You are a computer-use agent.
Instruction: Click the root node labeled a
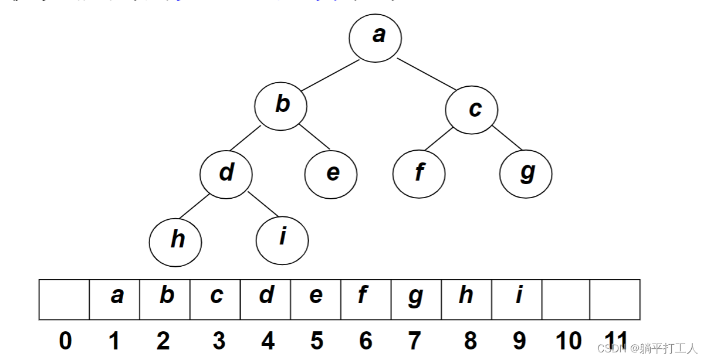pyautogui.click(x=376, y=37)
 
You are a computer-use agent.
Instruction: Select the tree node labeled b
pyautogui.click(x=281, y=106)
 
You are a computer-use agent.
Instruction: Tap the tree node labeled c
pyautogui.click(x=472, y=109)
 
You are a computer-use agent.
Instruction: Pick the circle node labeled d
pyautogui.click(x=226, y=174)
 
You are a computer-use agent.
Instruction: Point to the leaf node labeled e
pyautogui.click(x=331, y=174)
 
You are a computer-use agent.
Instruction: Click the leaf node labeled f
pyautogui.click(x=419, y=174)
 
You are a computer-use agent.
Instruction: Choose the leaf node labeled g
pyautogui.click(x=526, y=174)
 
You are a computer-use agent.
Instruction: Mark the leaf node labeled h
pyautogui.click(x=175, y=240)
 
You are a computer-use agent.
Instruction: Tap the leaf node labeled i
pyautogui.click(x=282, y=239)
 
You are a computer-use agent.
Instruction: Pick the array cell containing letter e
pyautogui.click(x=316, y=300)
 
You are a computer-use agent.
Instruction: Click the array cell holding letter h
pyautogui.click(x=466, y=300)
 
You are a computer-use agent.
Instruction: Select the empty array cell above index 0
pyautogui.click(x=64, y=300)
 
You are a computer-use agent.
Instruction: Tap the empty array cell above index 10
pyautogui.click(x=566, y=300)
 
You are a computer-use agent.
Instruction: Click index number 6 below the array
pyautogui.click(x=366, y=341)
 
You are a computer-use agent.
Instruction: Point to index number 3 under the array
pyautogui.click(x=219, y=341)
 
